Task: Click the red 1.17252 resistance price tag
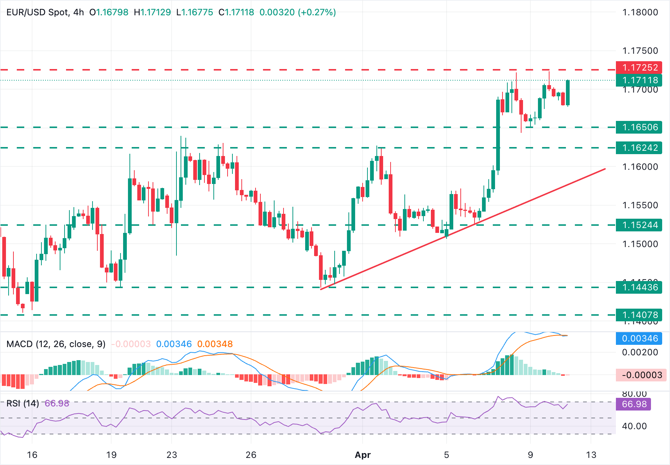[639, 68]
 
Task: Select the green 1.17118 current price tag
[639, 80]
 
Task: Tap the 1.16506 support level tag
[639, 127]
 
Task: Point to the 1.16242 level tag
[639, 148]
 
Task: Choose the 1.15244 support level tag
[639, 225]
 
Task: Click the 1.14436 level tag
[639, 287]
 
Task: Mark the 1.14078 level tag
[639, 315]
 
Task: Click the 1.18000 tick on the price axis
[640, 12]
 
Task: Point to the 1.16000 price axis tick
[640, 167]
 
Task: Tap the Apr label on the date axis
[363, 455]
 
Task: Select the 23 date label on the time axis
[172, 455]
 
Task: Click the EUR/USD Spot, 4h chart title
[45, 12]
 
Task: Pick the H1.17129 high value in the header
[152, 12]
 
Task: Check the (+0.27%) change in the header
[317, 12]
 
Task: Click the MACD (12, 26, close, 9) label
[56, 344]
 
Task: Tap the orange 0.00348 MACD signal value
[215, 344]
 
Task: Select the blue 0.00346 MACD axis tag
[639, 338]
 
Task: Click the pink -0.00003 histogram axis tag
[639, 375]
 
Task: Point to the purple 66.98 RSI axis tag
[633, 404]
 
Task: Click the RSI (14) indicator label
[23, 403]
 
